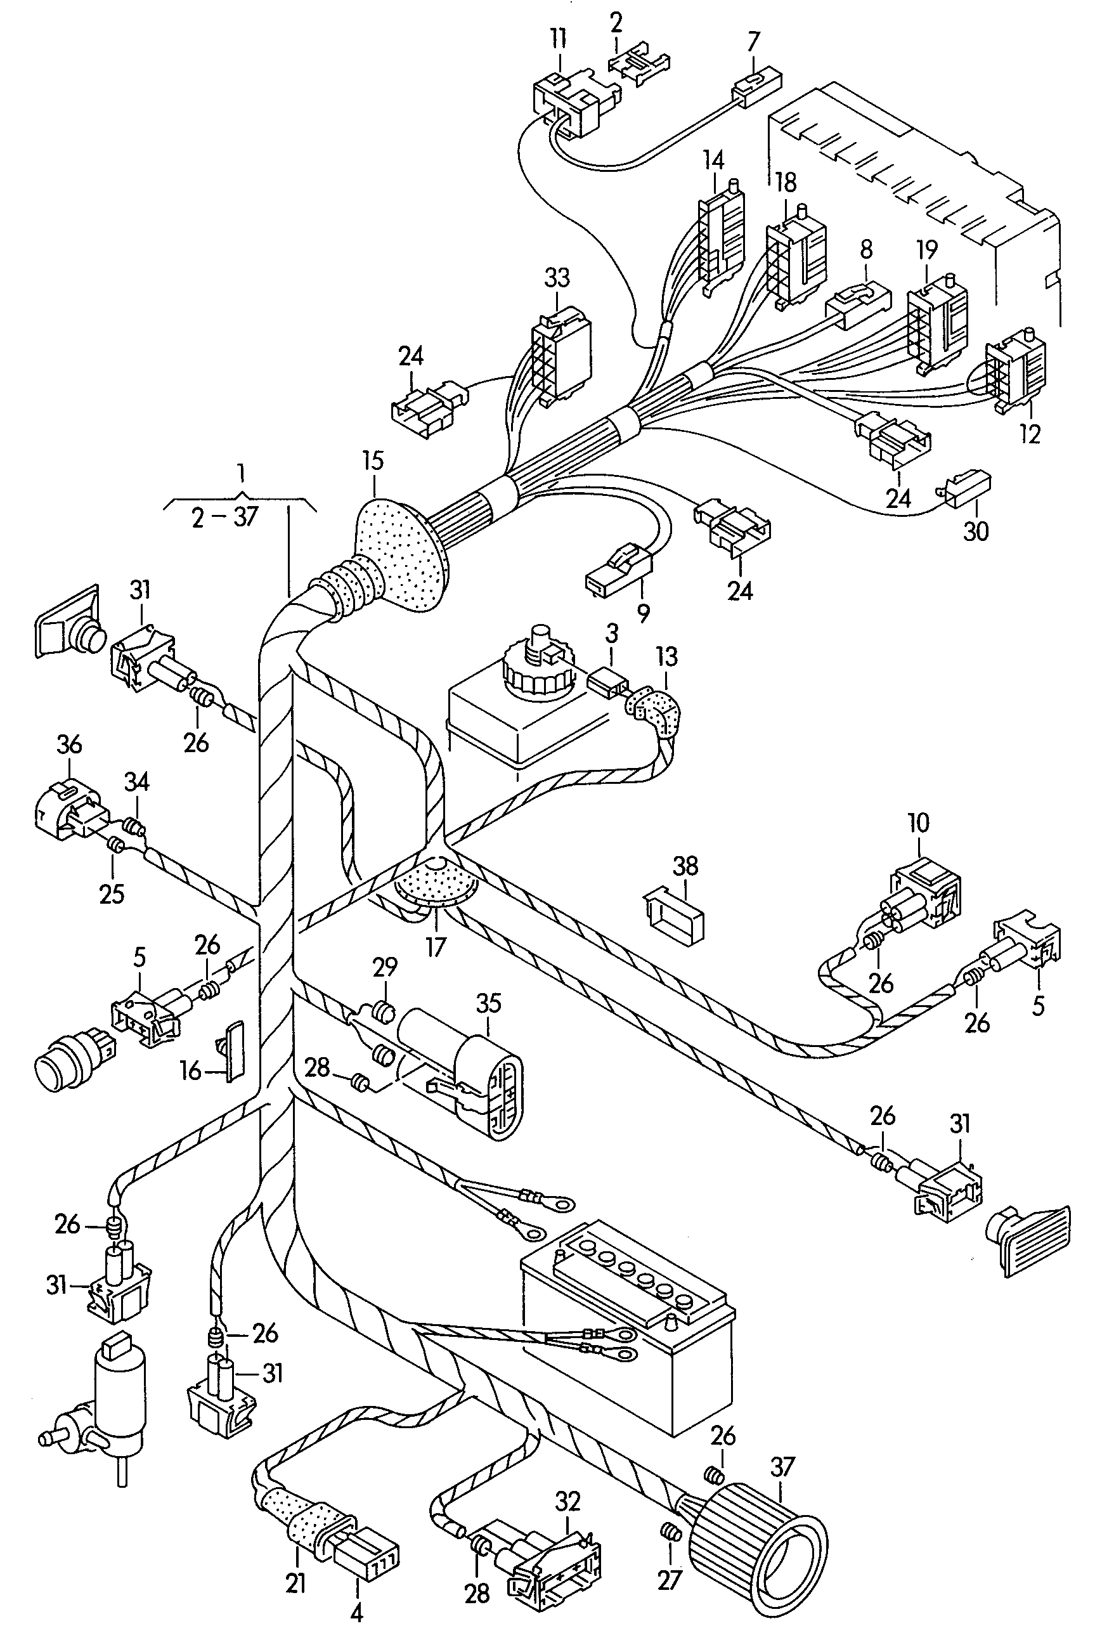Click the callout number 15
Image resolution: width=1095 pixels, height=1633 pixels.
(x=373, y=461)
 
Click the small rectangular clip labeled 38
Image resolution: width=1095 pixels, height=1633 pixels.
(x=673, y=914)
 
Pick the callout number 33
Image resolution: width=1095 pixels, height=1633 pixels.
(x=557, y=278)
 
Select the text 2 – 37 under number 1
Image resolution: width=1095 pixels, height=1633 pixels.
(x=225, y=517)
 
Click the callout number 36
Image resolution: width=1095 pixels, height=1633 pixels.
(x=69, y=745)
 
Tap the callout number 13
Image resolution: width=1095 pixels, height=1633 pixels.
(x=667, y=656)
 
